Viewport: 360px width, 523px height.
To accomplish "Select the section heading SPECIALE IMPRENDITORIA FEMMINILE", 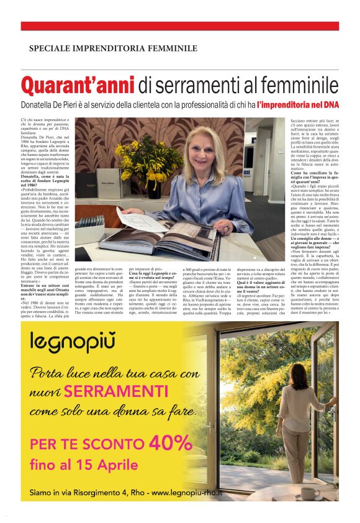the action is [x=113, y=48].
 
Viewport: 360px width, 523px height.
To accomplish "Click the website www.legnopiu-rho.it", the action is [x=187, y=493].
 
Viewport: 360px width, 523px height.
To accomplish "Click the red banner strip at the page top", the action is [x=180, y=26].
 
